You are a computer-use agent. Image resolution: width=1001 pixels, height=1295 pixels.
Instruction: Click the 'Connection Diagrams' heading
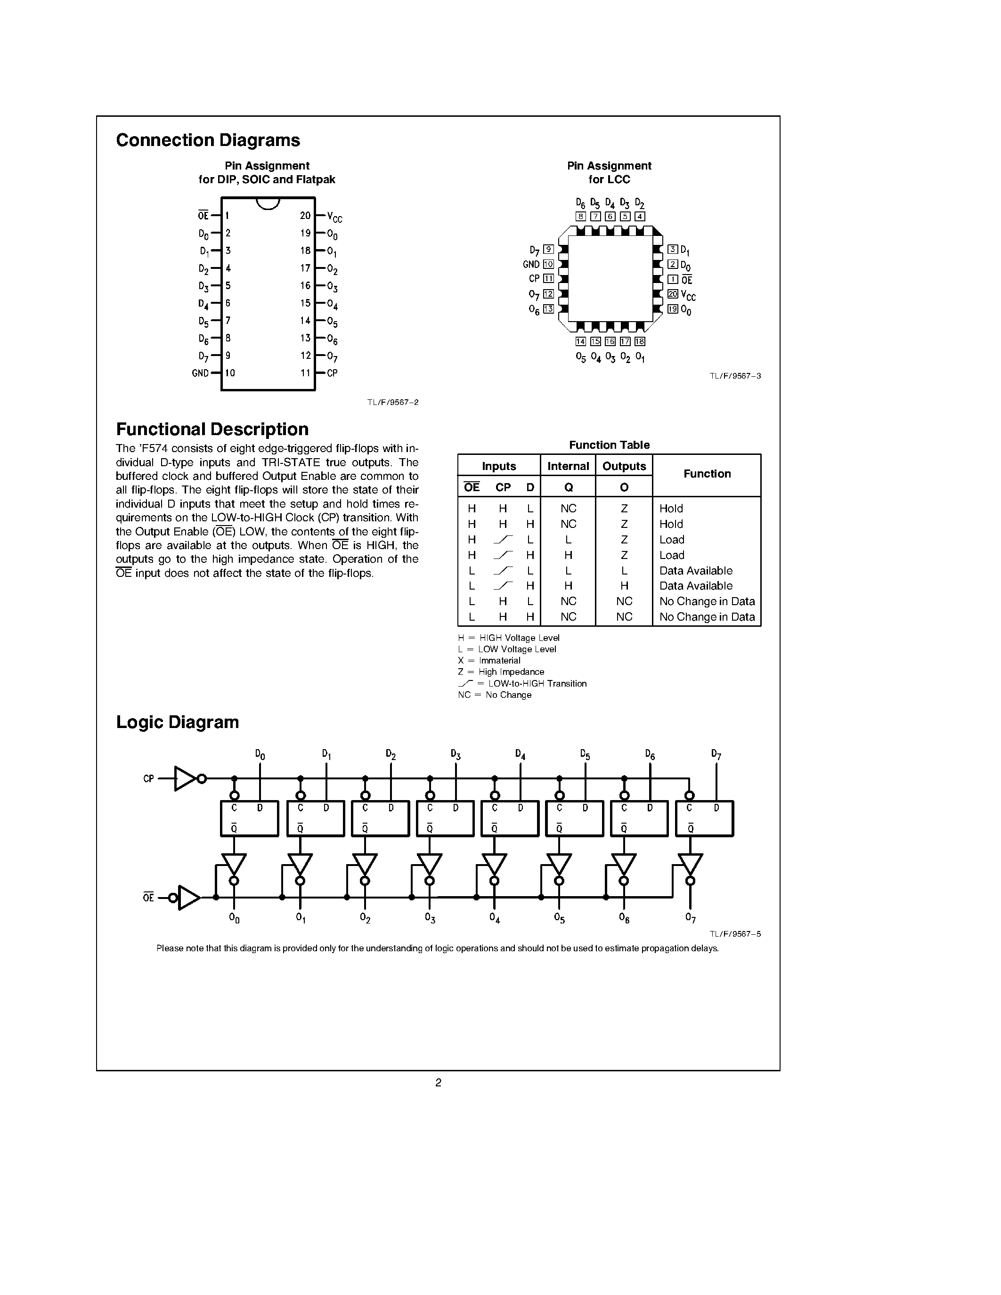[x=208, y=140]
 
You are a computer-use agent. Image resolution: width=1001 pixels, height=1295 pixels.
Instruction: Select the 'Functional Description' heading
[x=212, y=429]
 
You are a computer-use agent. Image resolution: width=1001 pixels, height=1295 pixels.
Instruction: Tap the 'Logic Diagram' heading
[x=177, y=722]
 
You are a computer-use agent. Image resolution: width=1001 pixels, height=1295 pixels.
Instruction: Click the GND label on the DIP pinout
[x=200, y=373]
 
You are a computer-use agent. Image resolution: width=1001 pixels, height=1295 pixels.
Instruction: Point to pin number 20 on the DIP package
[x=305, y=216]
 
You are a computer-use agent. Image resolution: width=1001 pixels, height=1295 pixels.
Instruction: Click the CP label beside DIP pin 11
[x=332, y=373]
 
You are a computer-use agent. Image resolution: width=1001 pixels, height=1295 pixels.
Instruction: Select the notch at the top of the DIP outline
[x=268, y=203]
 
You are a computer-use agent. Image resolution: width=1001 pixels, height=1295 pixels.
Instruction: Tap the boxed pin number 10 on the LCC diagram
[x=548, y=265]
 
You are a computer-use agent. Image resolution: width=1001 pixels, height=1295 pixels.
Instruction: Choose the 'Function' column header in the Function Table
[x=707, y=474]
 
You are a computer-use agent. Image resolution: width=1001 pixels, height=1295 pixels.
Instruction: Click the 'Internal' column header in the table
[x=568, y=466]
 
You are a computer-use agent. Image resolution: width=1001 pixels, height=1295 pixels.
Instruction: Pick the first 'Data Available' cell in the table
[x=696, y=570]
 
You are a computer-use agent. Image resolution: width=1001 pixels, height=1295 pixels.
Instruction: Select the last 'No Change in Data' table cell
[x=707, y=617]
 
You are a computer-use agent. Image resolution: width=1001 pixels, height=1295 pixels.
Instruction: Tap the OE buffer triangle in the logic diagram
[x=188, y=898]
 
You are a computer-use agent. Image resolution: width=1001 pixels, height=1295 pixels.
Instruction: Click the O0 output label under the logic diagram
[x=234, y=918]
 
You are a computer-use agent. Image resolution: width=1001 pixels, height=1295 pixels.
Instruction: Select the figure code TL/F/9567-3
[x=735, y=376]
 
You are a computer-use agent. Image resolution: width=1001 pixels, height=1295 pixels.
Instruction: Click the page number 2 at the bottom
[x=438, y=1083]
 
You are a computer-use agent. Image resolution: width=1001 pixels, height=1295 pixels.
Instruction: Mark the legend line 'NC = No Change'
[x=495, y=695]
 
